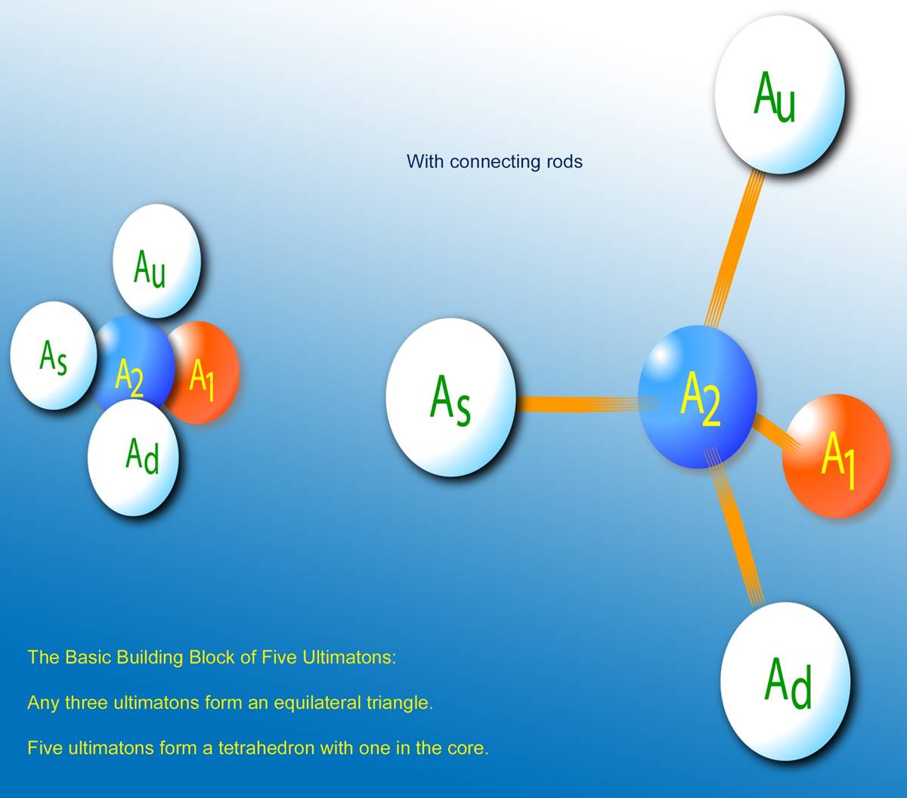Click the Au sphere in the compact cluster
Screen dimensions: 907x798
click(x=156, y=261)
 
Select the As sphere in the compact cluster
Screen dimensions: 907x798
click(x=53, y=355)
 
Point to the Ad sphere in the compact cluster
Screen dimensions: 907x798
click(x=134, y=457)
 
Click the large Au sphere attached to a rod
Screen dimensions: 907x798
click(x=779, y=94)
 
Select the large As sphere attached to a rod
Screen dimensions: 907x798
click(x=450, y=397)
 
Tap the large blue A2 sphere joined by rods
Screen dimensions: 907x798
click(x=698, y=397)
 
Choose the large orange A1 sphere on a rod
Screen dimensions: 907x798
click(x=837, y=456)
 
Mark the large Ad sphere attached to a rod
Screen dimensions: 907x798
click(x=785, y=681)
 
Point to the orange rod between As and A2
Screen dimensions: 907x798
click(x=587, y=404)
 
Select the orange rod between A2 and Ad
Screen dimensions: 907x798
click(x=735, y=528)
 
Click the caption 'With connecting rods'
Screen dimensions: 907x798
click(x=494, y=162)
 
